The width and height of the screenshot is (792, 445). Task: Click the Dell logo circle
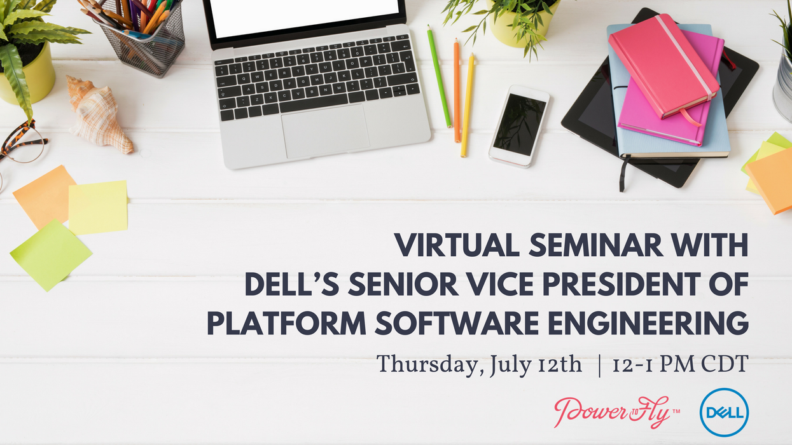tap(724, 413)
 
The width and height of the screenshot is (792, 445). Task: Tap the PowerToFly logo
tap(611, 412)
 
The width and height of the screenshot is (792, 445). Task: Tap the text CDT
tap(725, 365)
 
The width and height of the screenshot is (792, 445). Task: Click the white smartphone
tap(518, 125)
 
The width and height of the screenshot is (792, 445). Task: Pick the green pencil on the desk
tap(439, 76)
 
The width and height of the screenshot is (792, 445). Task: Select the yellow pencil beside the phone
tap(468, 105)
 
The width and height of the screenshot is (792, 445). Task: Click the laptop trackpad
tap(325, 131)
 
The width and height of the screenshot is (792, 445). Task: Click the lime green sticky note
tap(50, 254)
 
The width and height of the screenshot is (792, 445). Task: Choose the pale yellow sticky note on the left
tap(98, 207)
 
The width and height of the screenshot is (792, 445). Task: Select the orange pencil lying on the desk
tap(456, 90)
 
